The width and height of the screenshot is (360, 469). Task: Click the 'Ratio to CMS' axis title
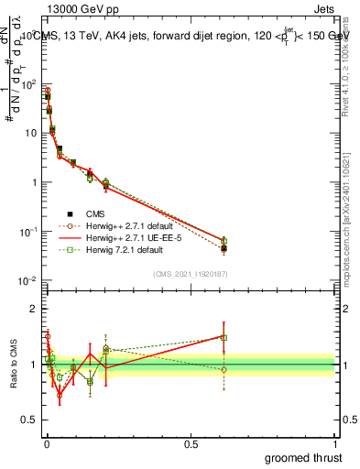coord(13,364)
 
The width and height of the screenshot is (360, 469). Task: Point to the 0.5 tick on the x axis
coord(191,442)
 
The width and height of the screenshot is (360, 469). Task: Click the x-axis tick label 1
coord(335,442)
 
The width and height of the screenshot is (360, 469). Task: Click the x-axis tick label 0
coord(46,442)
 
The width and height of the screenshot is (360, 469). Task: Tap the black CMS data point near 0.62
coord(224,248)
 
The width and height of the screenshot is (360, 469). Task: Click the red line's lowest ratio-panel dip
coord(60,396)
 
